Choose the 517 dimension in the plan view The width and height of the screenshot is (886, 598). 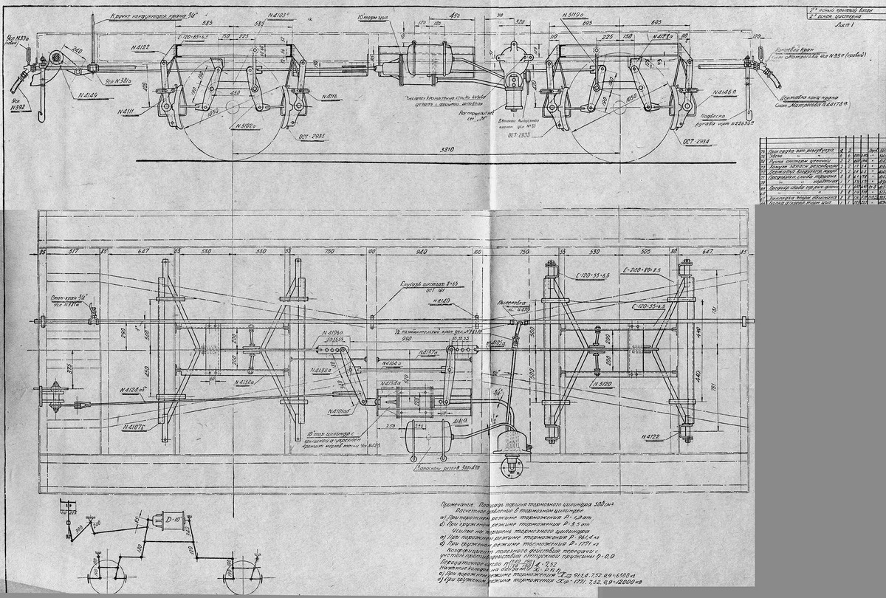(73, 251)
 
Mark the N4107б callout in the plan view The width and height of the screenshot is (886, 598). (134, 427)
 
